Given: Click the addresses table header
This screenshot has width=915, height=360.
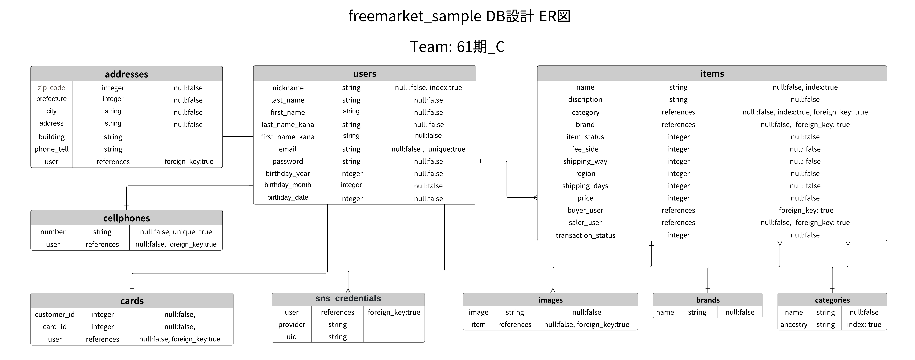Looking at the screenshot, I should click(126, 74).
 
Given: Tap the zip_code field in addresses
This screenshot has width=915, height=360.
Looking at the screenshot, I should click(51, 88).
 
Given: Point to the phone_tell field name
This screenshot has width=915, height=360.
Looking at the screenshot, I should click(51, 149).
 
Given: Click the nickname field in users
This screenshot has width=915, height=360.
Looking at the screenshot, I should click(288, 88).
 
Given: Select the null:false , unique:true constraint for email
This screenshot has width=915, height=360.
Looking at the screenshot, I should click(428, 149).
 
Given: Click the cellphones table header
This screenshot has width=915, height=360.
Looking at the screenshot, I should click(126, 218).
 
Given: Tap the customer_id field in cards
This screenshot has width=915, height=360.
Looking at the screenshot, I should click(55, 315).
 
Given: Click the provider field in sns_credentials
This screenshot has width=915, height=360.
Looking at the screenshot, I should click(292, 324).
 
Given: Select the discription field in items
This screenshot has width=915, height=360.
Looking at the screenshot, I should click(585, 100).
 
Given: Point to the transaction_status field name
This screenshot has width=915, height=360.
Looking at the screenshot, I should click(585, 235).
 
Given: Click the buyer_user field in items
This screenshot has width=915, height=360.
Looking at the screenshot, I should click(585, 210).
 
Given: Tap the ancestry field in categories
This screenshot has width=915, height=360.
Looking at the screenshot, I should click(793, 324).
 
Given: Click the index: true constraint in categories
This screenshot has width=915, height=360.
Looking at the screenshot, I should click(864, 324).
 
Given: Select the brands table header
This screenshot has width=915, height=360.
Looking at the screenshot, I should click(708, 300).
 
